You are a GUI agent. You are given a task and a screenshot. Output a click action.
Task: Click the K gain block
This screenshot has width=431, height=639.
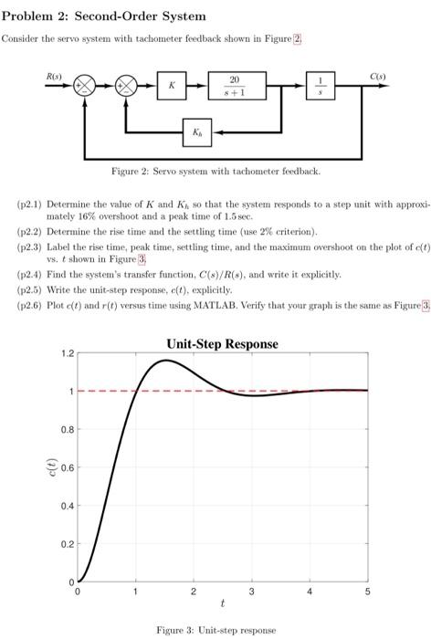171,86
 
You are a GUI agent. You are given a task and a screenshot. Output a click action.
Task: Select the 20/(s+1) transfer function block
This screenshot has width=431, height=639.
235,86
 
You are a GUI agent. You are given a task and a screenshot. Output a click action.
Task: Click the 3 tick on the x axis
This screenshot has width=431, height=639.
252,592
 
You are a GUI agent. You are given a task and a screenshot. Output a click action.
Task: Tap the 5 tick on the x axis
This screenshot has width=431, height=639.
368,592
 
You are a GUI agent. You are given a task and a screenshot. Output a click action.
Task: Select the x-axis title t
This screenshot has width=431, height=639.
222,603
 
